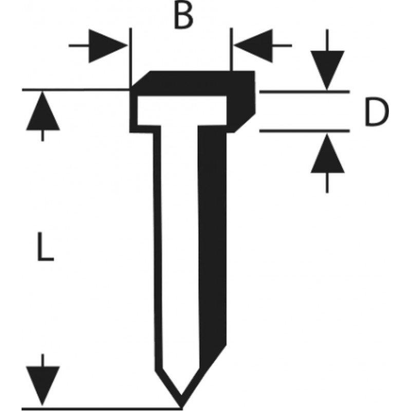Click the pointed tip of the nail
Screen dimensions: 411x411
pyautogui.click(x=180, y=403)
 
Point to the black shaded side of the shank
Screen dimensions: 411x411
pyautogui.click(x=213, y=231)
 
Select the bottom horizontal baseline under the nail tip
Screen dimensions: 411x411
pyautogui.click(x=103, y=408)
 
